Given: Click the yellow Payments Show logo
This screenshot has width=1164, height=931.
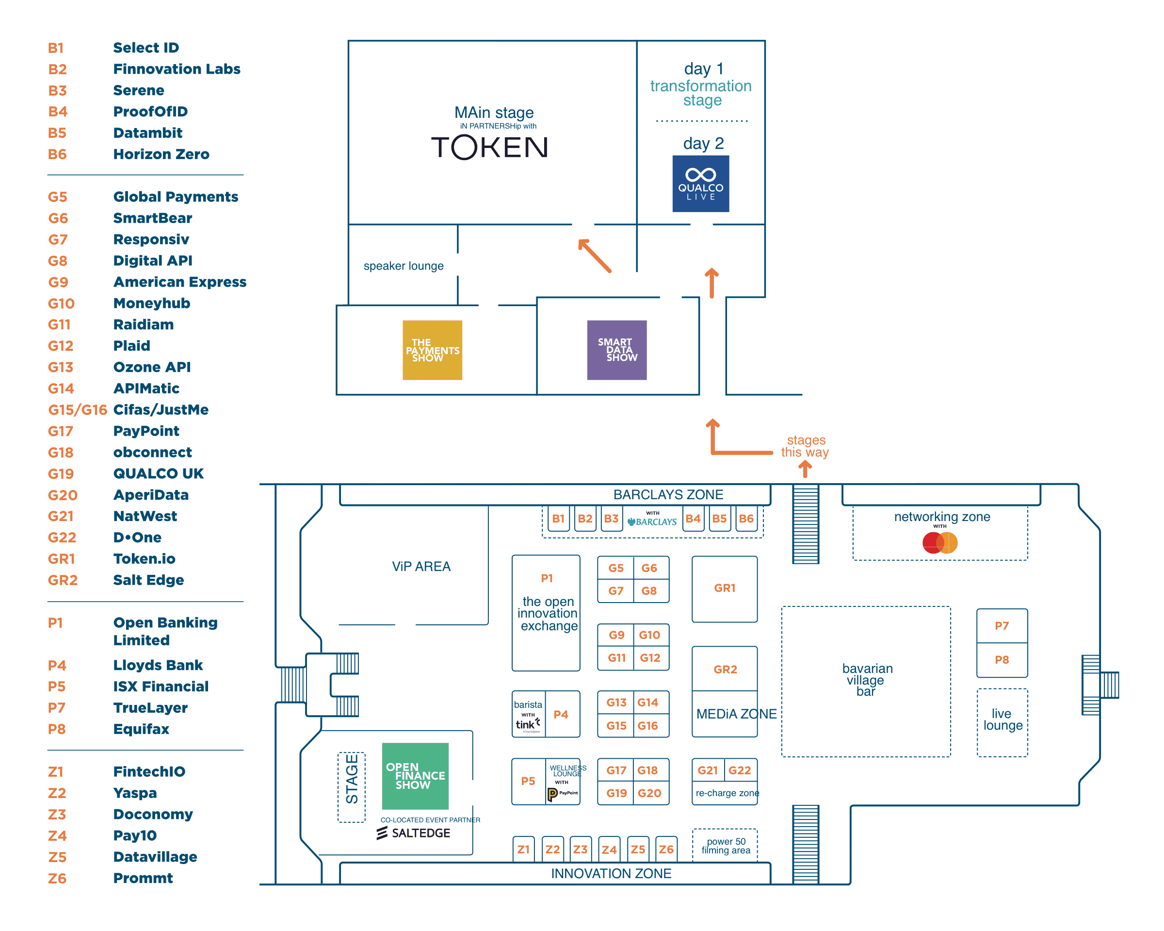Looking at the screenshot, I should coord(432,350).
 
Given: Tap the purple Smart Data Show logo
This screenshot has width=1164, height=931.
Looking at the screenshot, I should coord(616,350).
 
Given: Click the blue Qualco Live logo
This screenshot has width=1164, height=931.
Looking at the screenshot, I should coord(700,183).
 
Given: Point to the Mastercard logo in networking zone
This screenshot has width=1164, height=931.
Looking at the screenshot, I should coord(939,543).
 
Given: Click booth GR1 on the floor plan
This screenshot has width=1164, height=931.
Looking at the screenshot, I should coord(725,588).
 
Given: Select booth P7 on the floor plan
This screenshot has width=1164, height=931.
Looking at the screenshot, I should coord(1002,626).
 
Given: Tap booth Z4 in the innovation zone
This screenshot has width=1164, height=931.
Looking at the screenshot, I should coord(609,849).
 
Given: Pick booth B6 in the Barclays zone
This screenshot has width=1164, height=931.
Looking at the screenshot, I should coord(746,519).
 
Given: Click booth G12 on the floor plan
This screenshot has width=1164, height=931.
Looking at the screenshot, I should coord(650,658).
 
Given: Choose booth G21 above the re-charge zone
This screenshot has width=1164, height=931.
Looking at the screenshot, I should coord(708,770).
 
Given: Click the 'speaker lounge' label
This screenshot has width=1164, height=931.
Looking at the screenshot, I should coord(404,266).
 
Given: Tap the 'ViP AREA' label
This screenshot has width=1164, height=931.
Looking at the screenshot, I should coord(421,567).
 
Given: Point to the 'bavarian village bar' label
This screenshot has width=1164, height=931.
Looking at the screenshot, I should coord(867,680).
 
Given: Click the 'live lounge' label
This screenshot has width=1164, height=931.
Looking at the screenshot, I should coord(1002,720).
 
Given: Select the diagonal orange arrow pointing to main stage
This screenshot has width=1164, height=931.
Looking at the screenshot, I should coord(595,256).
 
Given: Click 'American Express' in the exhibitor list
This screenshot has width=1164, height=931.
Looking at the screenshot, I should coord(179,282).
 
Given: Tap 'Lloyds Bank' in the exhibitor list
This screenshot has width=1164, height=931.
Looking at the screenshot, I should coord(158,665).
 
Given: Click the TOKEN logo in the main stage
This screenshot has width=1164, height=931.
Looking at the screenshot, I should coord(489,147).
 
